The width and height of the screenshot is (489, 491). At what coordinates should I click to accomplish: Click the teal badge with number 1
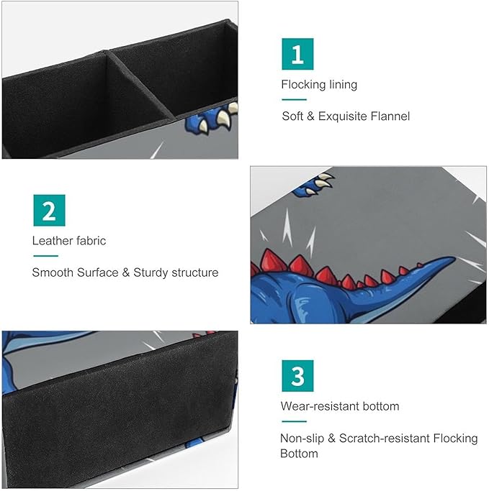pyautogui.click(x=297, y=54)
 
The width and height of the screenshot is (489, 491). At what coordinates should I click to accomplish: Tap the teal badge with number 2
pyautogui.click(x=49, y=211)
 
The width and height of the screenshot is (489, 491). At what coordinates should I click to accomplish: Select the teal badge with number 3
pyautogui.click(x=297, y=376)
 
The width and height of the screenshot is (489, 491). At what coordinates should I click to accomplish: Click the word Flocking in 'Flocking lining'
pyautogui.click(x=303, y=85)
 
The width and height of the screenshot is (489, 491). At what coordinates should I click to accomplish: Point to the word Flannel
pyautogui.click(x=390, y=116)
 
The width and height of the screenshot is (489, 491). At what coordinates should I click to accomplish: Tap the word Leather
pyautogui.click(x=52, y=241)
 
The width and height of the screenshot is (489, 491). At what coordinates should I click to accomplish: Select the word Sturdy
pyautogui.click(x=151, y=272)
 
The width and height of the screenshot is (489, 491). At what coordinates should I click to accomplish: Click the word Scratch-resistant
pyautogui.click(x=385, y=438)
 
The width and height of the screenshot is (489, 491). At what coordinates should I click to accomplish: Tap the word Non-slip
pyautogui.click(x=302, y=439)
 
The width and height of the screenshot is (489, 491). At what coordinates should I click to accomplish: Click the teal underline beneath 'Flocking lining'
pyautogui.click(x=294, y=100)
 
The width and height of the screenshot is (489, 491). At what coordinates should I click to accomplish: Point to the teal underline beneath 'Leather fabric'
pyautogui.click(x=46, y=256)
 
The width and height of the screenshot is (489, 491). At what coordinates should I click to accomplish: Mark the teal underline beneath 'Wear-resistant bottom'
pyautogui.click(x=294, y=421)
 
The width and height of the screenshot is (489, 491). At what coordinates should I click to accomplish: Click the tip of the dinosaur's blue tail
pyautogui.click(x=454, y=258)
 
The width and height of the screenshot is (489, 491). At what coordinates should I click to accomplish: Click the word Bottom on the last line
pyautogui.click(x=299, y=454)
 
